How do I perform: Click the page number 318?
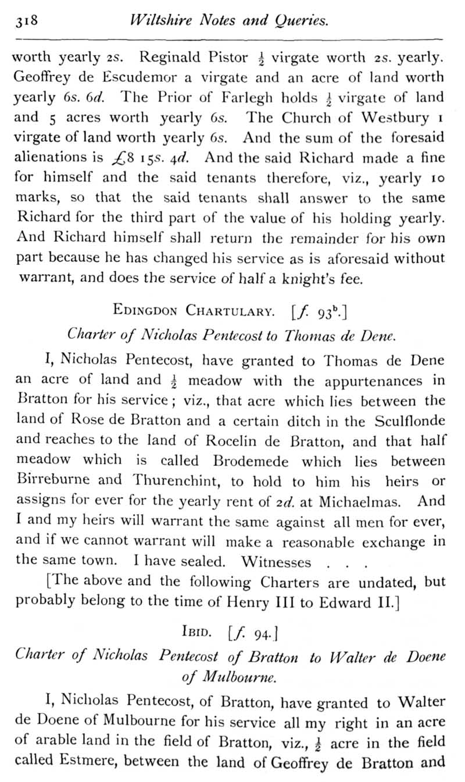coord(26,22)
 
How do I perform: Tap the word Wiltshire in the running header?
coord(162,21)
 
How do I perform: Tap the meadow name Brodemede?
coord(253,461)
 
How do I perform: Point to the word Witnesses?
coord(276,562)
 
